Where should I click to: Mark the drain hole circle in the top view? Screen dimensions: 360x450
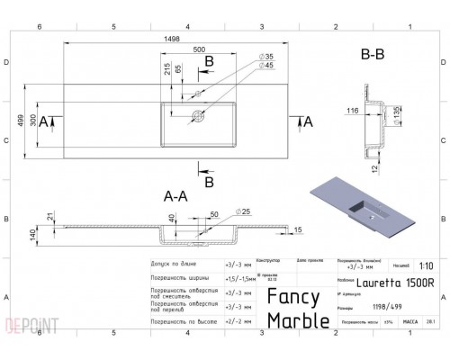[197, 115]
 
